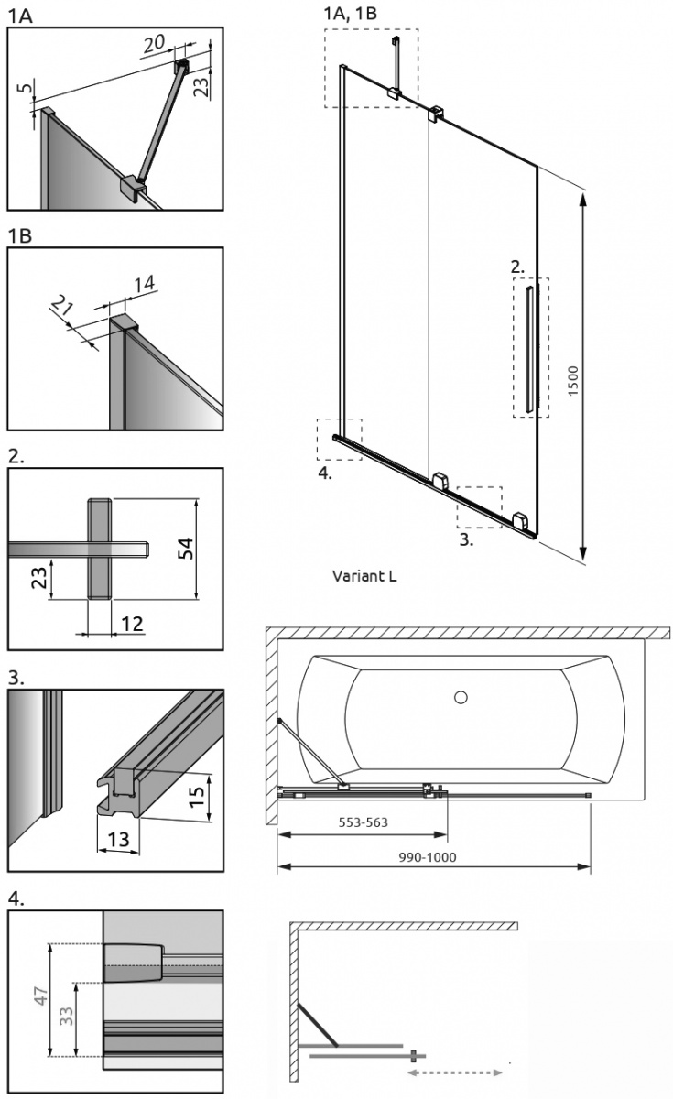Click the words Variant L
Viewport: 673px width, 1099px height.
click(364, 577)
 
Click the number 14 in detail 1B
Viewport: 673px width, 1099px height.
click(144, 285)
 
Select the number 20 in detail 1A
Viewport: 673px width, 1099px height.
click(154, 44)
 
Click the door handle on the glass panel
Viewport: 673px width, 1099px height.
click(530, 348)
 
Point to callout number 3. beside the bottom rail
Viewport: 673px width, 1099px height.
click(466, 539)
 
